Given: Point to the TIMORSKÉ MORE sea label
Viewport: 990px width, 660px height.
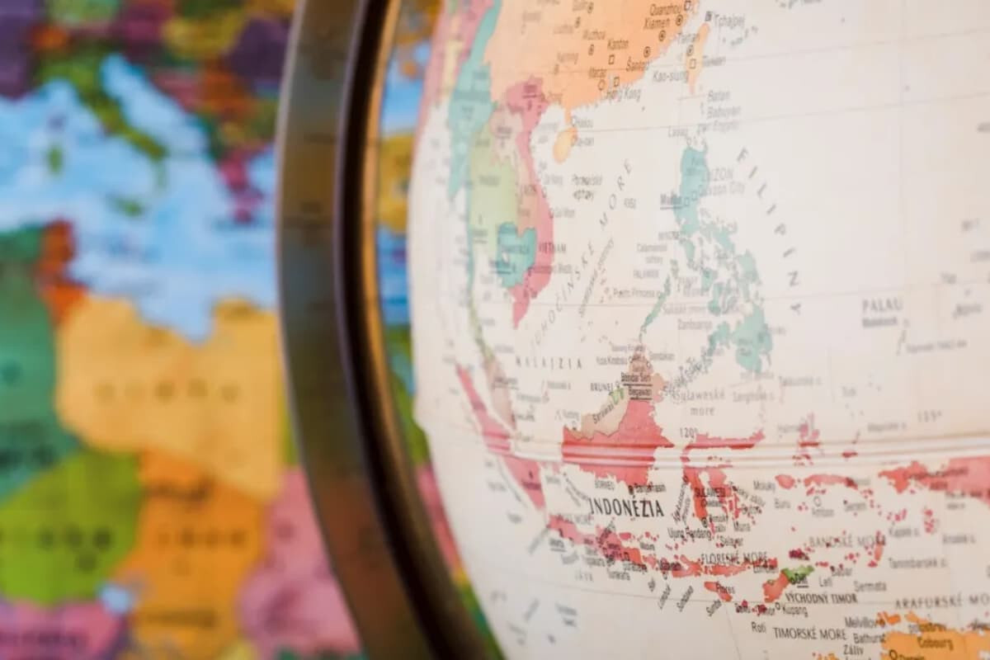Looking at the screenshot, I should click(x=809, y=634).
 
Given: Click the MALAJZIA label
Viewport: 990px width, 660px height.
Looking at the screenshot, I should click(x=549, y=362).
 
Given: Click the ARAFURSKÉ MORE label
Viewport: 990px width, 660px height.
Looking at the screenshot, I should click(x=941, y=603).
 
